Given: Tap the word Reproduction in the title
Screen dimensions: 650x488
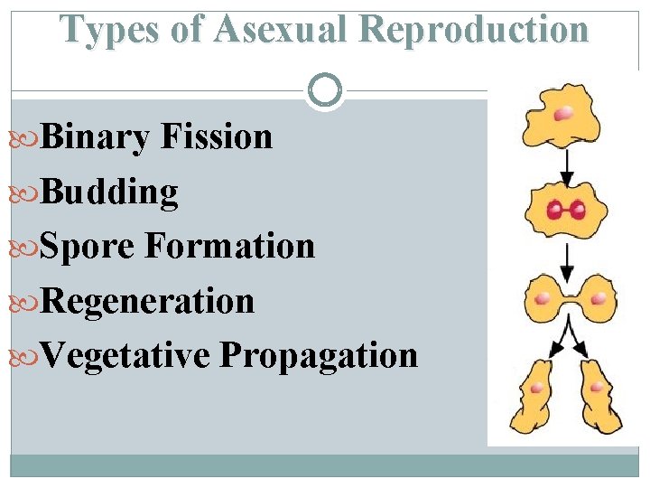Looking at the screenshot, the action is [473, 29].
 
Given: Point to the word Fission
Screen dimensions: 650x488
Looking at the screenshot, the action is [217, 137].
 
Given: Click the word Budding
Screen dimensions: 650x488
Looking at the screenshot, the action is [109, 192].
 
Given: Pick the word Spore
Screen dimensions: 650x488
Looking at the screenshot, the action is [88, 246].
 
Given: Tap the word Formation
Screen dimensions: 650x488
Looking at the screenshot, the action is [229, 246].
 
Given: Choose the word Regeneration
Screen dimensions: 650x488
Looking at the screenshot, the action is [147, 300].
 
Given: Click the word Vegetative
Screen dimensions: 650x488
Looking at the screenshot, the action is [125, 355].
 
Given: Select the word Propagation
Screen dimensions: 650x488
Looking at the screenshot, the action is [318, 355].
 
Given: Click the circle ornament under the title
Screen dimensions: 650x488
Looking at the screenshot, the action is [325, 90].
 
